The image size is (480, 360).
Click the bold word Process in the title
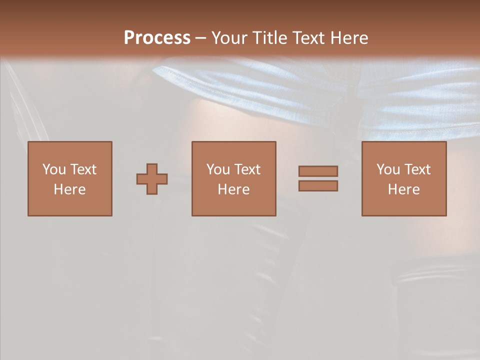click(157, 38)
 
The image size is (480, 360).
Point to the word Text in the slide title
click(312, 38)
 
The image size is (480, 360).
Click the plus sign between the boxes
click(152, 179)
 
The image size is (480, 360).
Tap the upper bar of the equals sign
click(318, 171)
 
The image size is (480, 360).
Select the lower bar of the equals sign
click(318, 186)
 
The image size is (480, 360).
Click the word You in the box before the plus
click(54, 169)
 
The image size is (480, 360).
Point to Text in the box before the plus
click(82, 169)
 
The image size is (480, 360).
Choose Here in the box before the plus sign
click(69, 189)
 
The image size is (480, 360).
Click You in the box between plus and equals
click(218, 169)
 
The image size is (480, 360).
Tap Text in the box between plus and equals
click(247, 169)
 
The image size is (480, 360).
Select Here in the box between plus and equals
click(233, 189)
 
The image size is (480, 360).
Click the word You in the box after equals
click(388, 169)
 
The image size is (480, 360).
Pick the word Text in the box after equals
click(417, 169)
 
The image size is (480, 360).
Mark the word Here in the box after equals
click(403, 189)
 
